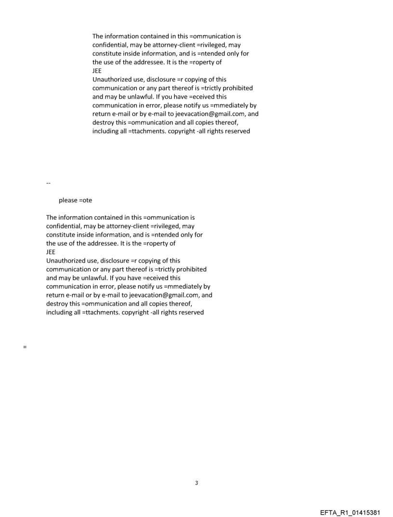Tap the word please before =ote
(68, 200)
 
